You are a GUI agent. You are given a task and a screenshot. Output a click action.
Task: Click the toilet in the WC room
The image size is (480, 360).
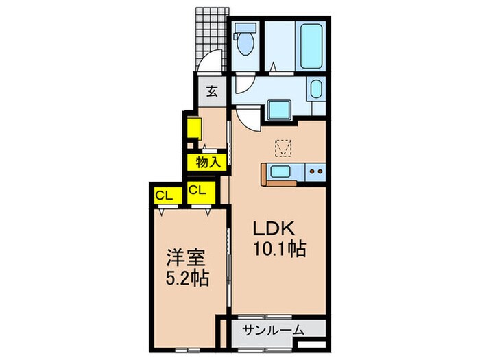(245, 41)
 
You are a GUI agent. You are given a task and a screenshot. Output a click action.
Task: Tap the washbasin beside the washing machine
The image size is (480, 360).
(316, 89)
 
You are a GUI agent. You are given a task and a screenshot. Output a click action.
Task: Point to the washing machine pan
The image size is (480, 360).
(279, 110)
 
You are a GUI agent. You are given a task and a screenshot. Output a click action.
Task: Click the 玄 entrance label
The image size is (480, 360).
(213, 91)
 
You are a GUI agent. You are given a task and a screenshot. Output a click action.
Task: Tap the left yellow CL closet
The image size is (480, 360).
(164, 194)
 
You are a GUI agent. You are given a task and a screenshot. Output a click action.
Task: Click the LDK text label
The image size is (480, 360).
(276, 228)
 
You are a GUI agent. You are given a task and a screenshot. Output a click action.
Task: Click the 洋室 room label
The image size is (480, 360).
(187, 259)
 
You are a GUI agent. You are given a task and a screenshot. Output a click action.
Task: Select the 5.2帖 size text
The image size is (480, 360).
(187, 279)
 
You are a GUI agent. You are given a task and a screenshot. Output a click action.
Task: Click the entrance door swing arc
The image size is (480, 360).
(214, 63)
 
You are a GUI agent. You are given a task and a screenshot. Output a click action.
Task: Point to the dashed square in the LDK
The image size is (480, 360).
(283, 147)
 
